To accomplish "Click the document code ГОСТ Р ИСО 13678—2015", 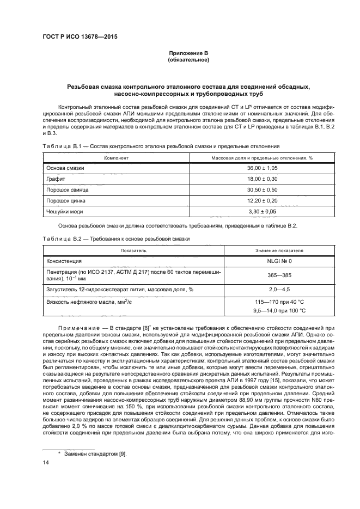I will tap(80, 37).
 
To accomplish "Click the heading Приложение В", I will tap(188, 52).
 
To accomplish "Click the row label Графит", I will tap(56, 179).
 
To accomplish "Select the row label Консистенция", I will tap(64, 262).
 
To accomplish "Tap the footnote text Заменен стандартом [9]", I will tap(95, 453).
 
